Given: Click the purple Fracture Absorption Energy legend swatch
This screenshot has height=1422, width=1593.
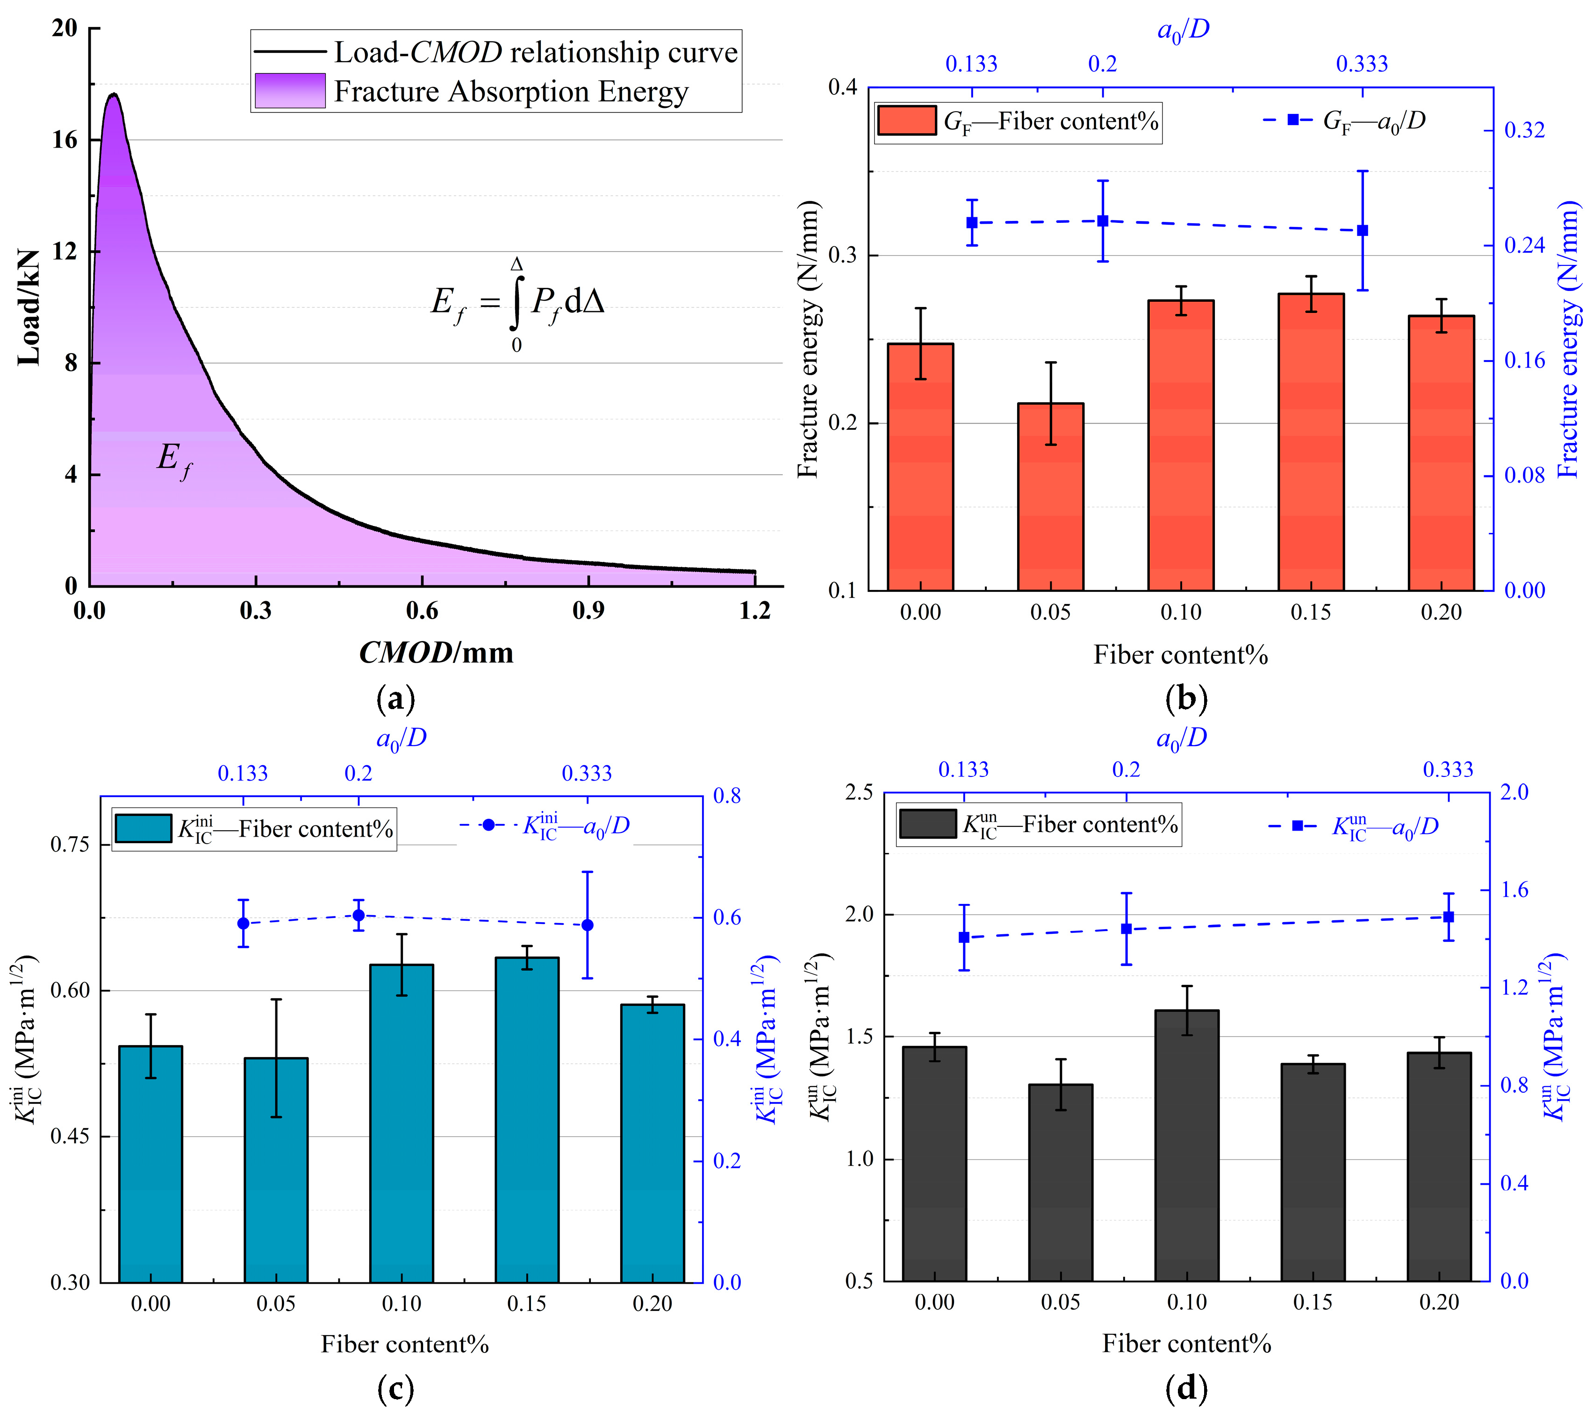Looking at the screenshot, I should (x=289, y=91).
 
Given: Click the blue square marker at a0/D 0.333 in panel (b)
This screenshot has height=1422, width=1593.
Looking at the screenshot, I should (x=1363, y=230).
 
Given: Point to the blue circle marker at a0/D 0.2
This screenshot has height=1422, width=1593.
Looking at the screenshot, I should (x=359, y=915).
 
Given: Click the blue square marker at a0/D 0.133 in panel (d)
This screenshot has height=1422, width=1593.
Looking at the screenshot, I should (x=964, y=938).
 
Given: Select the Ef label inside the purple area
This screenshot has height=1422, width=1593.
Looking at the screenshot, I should (x=173, y=459).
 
